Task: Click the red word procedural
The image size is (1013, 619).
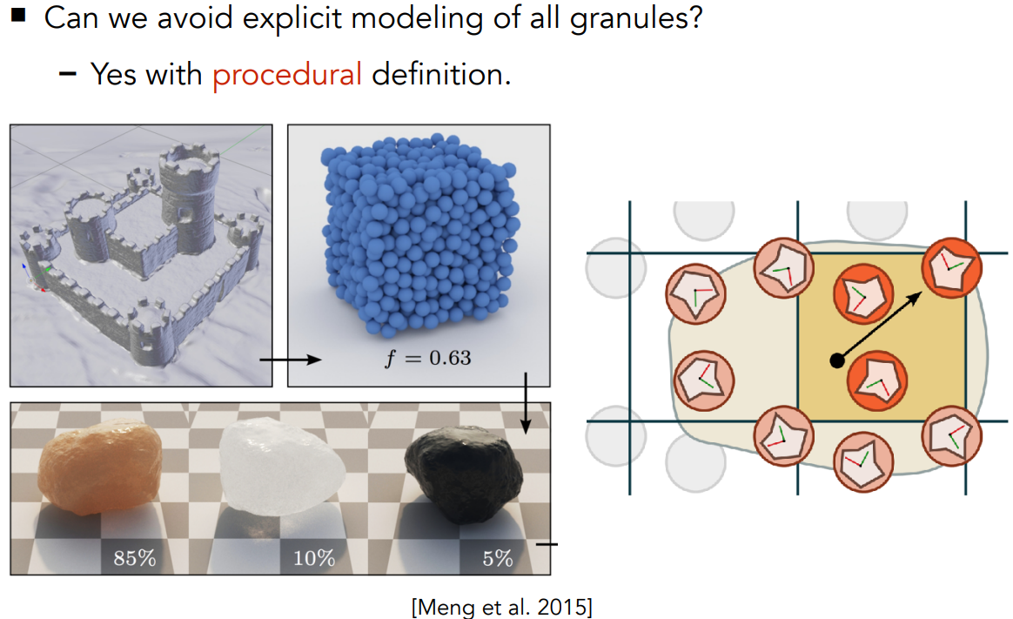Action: [286, 75]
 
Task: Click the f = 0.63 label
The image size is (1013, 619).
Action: [427, 357]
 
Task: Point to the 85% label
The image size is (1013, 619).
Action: [134, 558]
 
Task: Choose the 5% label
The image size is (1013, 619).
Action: [498, 558]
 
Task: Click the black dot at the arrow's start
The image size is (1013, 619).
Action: [836, 359]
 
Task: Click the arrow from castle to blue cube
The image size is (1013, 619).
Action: [291, 359]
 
